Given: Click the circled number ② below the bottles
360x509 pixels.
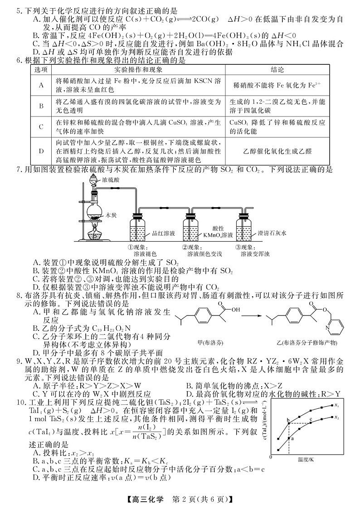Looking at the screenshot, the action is click(185, 247).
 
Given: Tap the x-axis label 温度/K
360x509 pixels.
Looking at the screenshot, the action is click(306, 459).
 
